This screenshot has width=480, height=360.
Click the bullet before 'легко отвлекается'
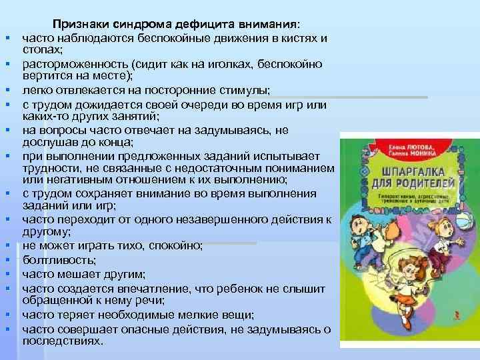pyautogui.click(x=12, y=90)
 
